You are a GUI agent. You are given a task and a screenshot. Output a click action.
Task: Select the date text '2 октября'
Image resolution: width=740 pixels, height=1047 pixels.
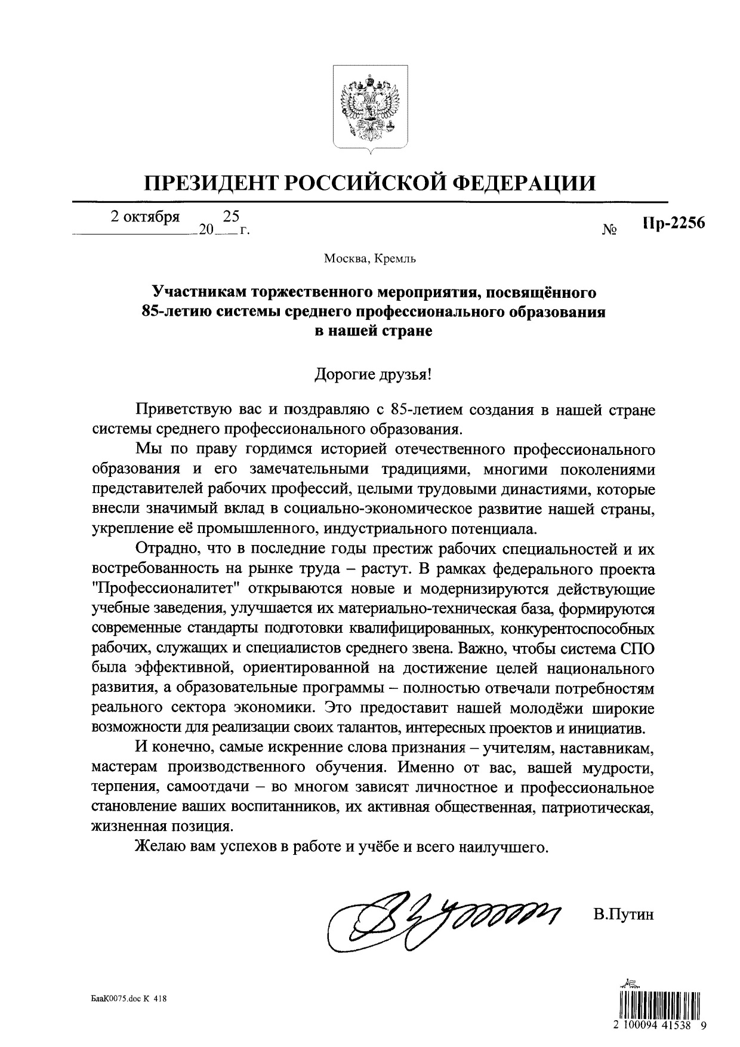145,217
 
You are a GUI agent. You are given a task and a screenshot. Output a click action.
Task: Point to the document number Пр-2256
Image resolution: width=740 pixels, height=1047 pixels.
674,223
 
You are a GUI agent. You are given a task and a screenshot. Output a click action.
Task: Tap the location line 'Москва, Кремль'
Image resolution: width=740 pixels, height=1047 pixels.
370,258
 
